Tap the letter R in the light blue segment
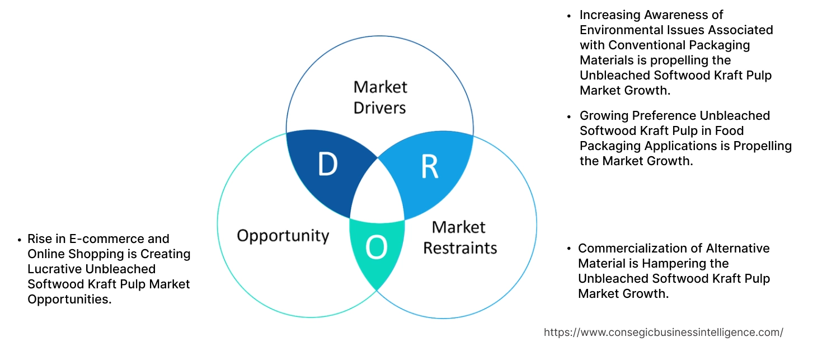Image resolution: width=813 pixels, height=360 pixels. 429,167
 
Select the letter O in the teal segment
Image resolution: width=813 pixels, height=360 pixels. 376,249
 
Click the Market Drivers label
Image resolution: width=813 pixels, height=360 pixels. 380,97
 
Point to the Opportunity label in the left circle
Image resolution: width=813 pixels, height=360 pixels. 283,235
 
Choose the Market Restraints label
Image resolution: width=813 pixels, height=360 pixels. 459,237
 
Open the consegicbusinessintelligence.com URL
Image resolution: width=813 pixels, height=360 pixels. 664,332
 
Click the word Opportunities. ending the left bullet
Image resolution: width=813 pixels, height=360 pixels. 69,300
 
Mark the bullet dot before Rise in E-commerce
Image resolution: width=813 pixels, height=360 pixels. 20,240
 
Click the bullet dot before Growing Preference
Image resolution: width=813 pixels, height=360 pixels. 569,116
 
